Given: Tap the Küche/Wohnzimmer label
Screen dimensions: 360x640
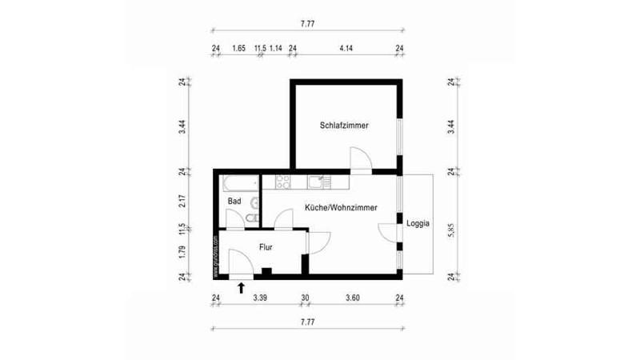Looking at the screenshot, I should tap(341, 207).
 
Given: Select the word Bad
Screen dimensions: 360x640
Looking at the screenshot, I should tap(234, 201).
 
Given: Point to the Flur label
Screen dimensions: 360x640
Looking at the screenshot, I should tap(266, 248).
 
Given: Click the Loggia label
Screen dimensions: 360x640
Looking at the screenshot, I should tap(418, 224).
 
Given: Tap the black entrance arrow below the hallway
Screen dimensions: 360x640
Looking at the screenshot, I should tap(242, 286).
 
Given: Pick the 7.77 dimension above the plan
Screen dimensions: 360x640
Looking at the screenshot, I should tap(307, 25).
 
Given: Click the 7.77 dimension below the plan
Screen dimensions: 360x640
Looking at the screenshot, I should tap(307, 322).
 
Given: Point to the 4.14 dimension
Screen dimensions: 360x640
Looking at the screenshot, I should tap(346, 49).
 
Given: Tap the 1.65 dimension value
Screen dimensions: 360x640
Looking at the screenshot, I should tap(238, 49).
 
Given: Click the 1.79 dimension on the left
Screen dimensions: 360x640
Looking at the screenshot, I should tap(183, 254).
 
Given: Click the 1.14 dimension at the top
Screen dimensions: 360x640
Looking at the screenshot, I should tap(275, 49).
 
